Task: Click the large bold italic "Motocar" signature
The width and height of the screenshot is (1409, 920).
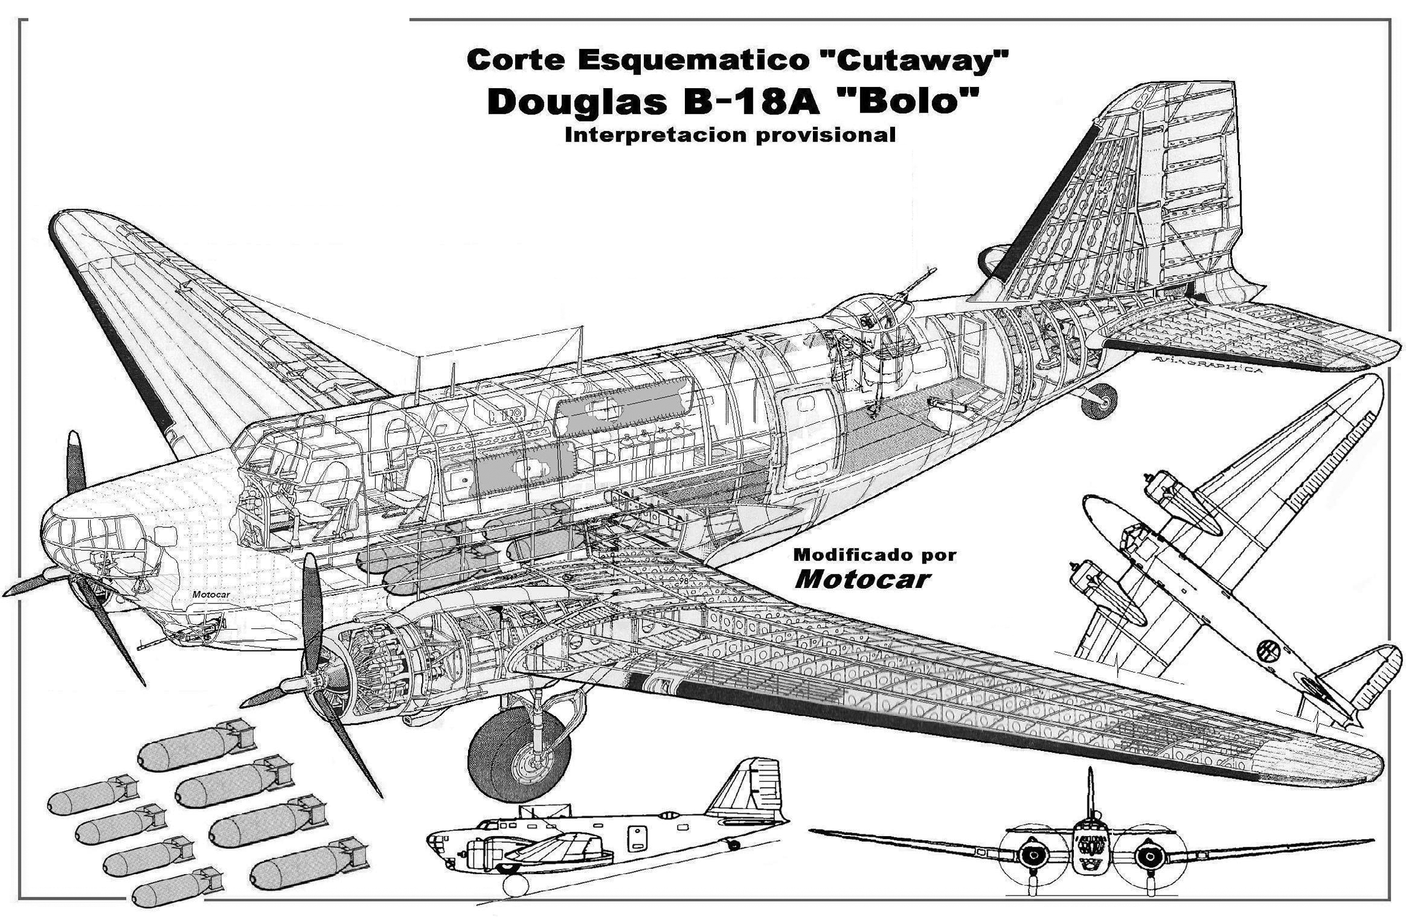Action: click(x=863, y=579)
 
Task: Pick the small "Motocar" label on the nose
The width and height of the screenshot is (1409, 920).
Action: click(x=211, y=595)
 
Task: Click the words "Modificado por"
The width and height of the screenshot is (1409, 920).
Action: click(x=875, y=555)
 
